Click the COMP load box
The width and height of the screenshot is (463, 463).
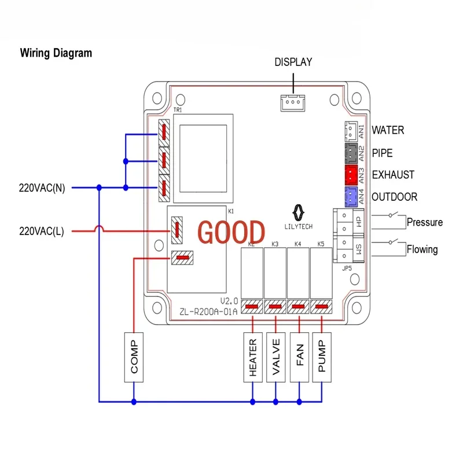(x=134, y=357)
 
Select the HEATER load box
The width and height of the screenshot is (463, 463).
(x=252, y=357)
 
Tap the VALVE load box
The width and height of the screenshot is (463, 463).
(x=275, y=357)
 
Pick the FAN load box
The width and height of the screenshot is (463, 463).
(x=299, y=357)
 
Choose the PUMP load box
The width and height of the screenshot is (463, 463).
(x=322, y=357)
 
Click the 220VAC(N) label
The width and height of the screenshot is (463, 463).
(x=42, y=188)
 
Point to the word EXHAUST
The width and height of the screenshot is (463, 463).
(x=393, y=175)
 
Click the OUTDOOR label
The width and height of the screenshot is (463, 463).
(x=394, y=197)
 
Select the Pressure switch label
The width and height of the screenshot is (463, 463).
(x=424, y=222)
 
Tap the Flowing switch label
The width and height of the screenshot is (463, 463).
(x=422, y=250)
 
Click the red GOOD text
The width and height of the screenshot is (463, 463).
(x=231, y=231)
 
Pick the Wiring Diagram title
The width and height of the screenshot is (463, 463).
(x=56, y=53)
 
